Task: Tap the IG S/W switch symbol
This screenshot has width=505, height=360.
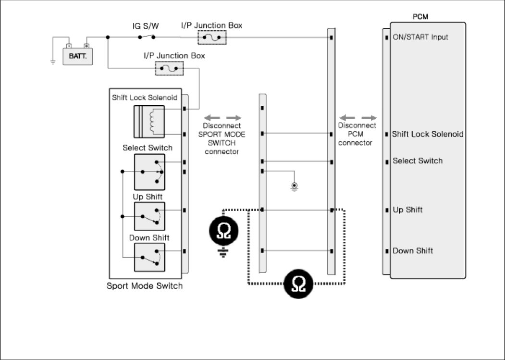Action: point(147,37)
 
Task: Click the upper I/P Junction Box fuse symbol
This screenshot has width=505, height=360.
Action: point(212,37)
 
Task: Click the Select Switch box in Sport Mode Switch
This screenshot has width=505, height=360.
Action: point(149,172)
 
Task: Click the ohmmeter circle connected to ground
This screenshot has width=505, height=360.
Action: point(223,232)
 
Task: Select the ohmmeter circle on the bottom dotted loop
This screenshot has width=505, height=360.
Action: point(298,285)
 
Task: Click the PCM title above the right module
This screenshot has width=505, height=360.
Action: point(420,17)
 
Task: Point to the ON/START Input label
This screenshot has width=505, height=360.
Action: point(420,37)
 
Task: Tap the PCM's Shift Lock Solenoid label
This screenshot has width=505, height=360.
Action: point(428,134)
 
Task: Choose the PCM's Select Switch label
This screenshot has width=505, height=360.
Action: point(418,161)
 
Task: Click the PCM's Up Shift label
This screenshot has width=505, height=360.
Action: point(408,210)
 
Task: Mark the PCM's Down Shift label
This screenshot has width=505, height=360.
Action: point(413,251)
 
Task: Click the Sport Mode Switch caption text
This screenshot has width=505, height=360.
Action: point(145,286)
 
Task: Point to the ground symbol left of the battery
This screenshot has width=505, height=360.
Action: point(53,61)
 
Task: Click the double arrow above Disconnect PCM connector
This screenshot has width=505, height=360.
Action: point(358,118)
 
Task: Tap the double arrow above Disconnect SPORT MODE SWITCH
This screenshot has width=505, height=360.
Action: point(222,118)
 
